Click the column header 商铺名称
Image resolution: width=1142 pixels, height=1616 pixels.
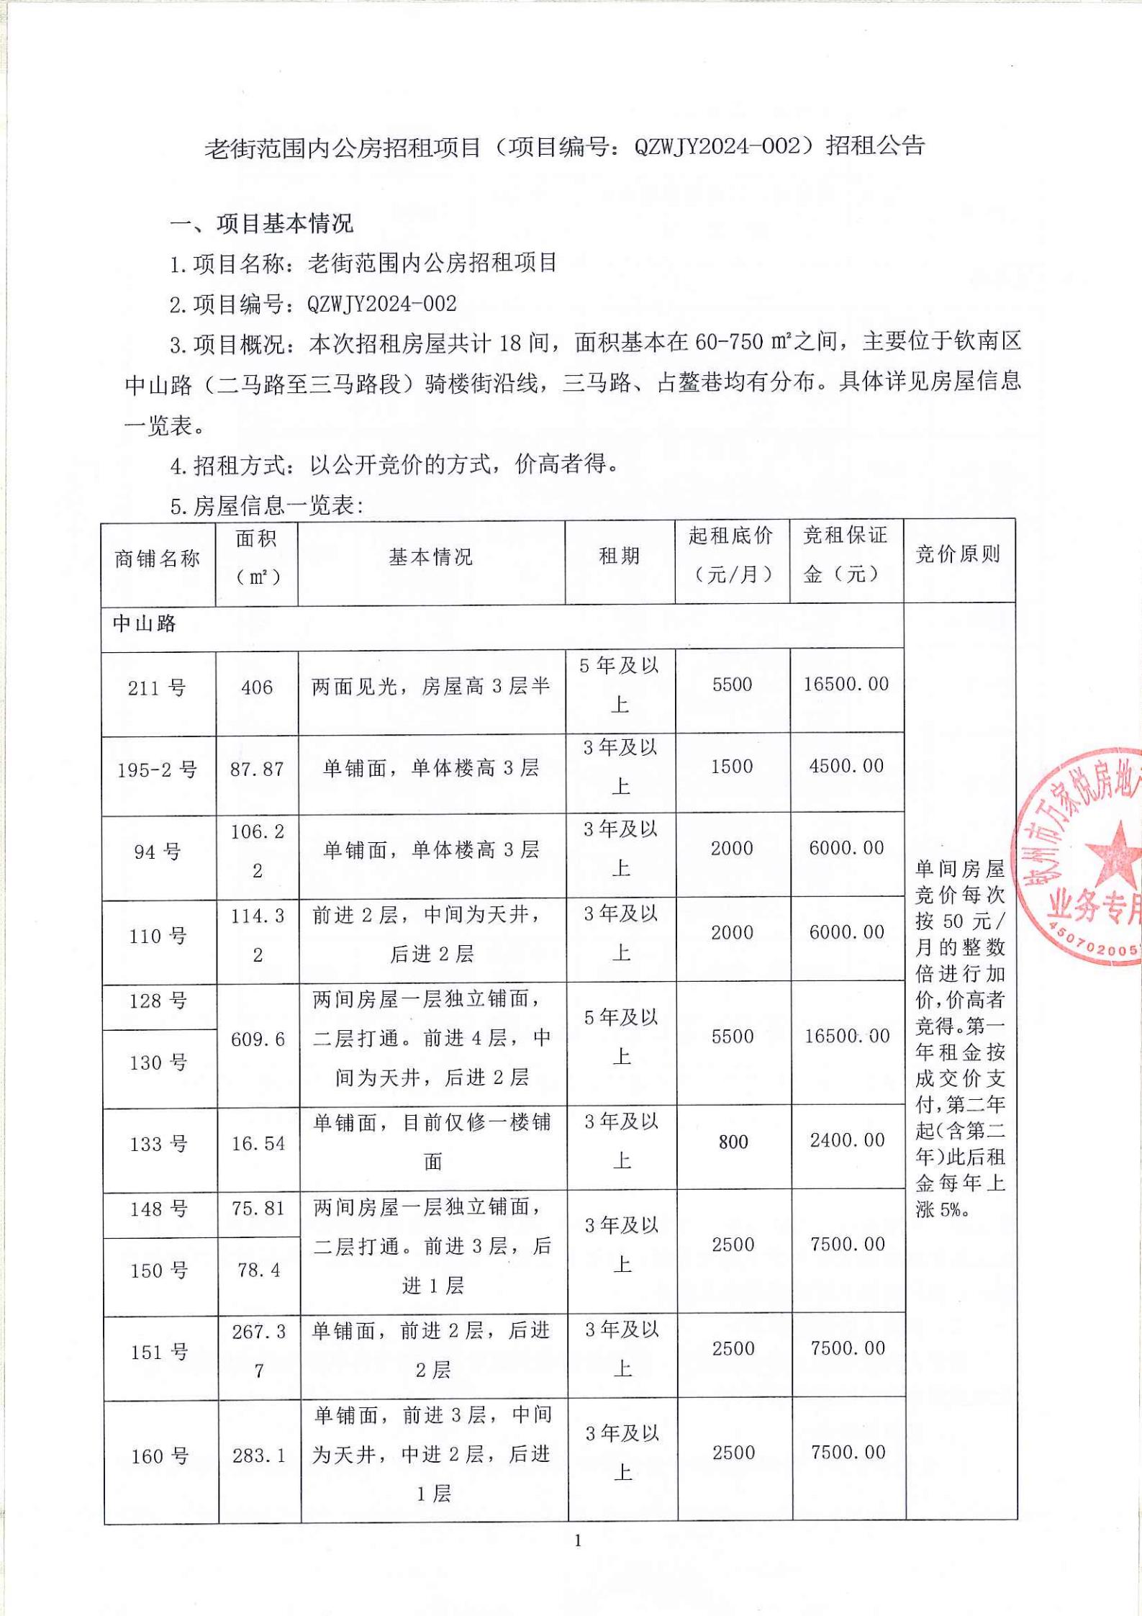click(157, 559)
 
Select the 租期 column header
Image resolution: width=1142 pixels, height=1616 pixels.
click(620, 556)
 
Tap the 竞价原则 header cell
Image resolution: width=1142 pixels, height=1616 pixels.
click(958, 554)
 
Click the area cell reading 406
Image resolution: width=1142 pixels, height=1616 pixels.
click(257, 687)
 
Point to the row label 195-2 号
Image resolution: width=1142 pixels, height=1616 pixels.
click(158, 770)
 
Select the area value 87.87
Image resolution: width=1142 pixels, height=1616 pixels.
click(257, 769)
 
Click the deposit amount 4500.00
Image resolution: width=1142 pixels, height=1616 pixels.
click(846, 766)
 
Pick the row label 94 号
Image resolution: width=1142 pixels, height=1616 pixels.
click(158, 852)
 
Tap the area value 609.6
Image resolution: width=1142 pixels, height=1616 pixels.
click(258, 1039)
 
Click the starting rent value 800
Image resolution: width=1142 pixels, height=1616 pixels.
click(733, 1142)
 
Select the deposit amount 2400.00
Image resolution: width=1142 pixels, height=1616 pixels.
click(847, 1140)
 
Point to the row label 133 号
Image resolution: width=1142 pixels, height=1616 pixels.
click(159, 1144)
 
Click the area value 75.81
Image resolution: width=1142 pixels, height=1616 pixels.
click(258, 1209)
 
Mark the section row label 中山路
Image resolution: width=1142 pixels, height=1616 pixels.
click(145, 623)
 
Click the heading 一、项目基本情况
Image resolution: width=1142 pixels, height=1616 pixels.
click(262, 224)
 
